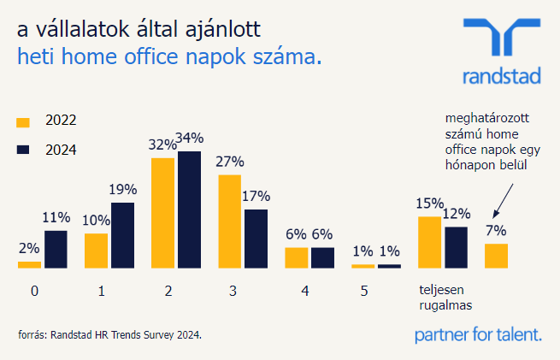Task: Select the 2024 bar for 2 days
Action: click(189, 210)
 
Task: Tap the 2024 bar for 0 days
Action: click(56, 249)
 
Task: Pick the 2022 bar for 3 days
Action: click(230, 221)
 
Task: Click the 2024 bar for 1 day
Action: click(122, 235)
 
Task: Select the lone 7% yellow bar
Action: click(496, 256)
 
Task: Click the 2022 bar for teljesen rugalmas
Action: click(429, 242)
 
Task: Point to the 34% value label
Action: click(190, 139)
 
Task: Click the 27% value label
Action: click(230, 162)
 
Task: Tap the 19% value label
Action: click(122, 190)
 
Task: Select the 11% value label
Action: click(56, 217)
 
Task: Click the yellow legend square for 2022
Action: click(24, 121)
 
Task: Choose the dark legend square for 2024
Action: click(24, 150)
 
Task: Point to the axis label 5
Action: click(364, 291)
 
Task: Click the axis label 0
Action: click(34, 291)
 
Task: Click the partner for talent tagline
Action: click(477, 334)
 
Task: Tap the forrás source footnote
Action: click(110, 334)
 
